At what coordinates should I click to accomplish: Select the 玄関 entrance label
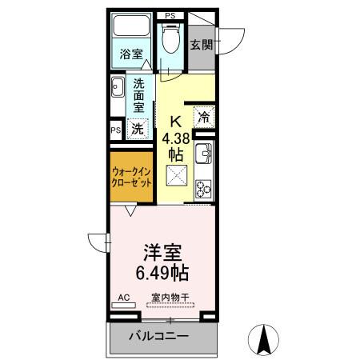(201, 45)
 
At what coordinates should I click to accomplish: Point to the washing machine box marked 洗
(138, 127)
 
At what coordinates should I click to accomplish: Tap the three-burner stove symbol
(203, 188)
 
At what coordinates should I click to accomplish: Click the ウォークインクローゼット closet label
(130, 175)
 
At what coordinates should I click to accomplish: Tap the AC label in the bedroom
(123, 297)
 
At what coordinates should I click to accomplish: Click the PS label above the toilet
(170, 15)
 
